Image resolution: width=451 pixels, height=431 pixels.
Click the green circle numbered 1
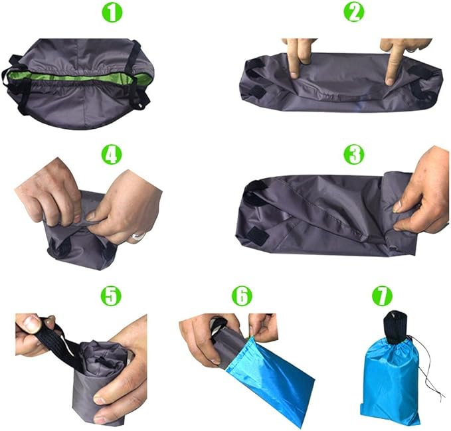click(x=114, y=11)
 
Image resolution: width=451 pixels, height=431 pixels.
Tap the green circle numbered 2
click(x=353, y=11)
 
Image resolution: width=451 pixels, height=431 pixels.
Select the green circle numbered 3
click(x=353, y=155)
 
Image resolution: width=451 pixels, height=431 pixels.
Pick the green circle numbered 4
click(x=112, y=155)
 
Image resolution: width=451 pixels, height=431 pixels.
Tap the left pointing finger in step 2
click(x=293, y=56)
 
